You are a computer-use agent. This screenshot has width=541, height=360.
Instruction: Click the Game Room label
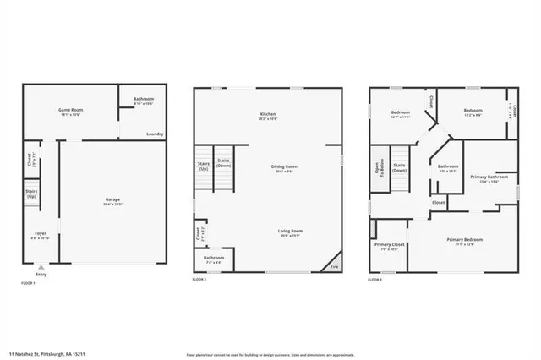click(68, 111)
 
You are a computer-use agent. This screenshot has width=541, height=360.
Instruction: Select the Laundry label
click(154, 134)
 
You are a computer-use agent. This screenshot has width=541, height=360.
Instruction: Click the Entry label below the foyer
click(41, 274)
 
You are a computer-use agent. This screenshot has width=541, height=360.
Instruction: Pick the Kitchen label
click(268, 114)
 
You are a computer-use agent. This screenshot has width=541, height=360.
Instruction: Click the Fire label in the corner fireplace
click(335, 266)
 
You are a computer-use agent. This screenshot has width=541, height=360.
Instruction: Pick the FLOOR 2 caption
click(199, 279)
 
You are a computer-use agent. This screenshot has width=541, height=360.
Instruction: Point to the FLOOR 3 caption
click(375, 279)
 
